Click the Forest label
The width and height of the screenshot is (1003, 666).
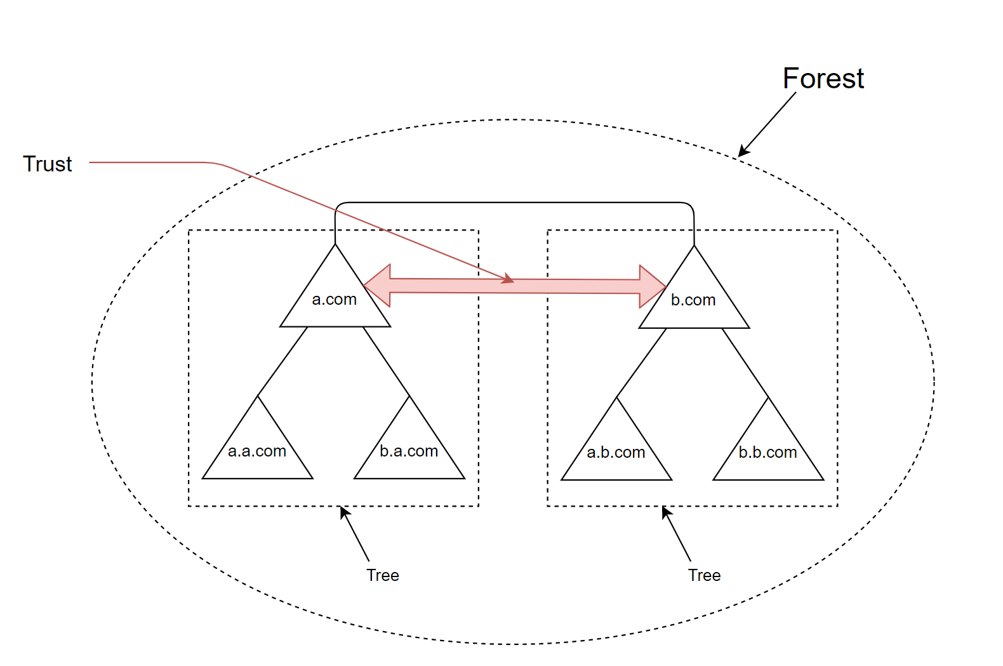click(823, 79)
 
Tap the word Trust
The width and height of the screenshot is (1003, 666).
click(48, 164)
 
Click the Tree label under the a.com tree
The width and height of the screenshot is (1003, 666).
click(383, 575)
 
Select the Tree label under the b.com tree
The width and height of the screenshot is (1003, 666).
click(705, 575)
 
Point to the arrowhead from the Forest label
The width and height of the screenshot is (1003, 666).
click(743, 151)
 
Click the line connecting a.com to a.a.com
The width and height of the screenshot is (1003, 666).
click(283, 361)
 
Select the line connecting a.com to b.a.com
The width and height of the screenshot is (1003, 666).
click(386, 361)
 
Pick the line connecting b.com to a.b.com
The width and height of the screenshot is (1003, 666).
click(642, 363)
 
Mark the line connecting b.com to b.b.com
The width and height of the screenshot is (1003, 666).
click(745, 363)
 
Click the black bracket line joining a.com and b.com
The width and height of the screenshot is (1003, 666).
click(514, 203)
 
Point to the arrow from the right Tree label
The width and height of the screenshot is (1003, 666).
click(676, 533)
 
